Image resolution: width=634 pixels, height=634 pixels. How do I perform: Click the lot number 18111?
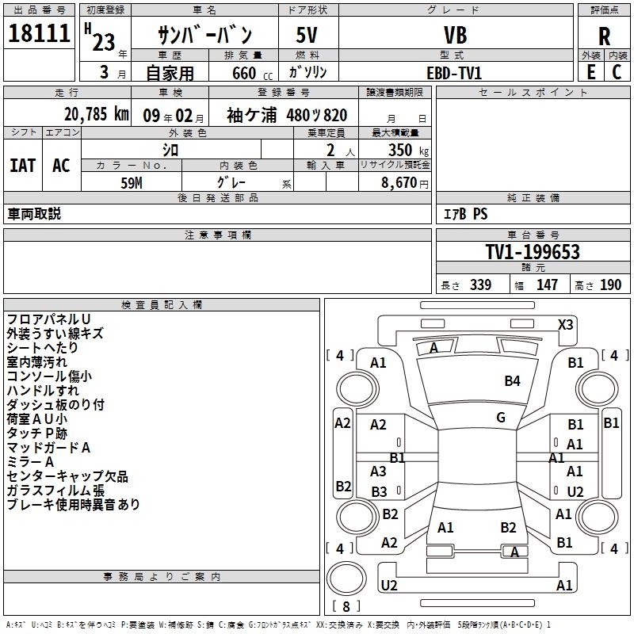(x=39, y=33)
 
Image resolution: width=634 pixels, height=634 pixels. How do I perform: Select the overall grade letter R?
(x=604, y=36)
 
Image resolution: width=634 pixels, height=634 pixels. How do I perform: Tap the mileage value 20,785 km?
(x=97, y=114)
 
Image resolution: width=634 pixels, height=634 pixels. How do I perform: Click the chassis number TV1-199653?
(x=533, y=252)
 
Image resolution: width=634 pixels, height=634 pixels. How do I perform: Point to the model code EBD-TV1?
(x=454, y=73)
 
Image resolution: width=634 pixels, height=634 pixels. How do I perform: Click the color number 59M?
(x=132, y=183)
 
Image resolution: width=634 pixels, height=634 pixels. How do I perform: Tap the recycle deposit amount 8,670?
(x=399, y=183)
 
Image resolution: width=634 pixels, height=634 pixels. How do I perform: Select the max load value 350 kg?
(x=408, y=150)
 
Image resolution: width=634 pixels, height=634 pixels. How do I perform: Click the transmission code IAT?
(x=23, y=166)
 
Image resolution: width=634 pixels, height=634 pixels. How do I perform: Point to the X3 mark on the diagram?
(x=565, y=325)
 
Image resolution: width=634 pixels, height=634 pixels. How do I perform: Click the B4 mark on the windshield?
(x=512, y=381)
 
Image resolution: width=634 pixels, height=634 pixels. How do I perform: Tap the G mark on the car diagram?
(x=501, y=418)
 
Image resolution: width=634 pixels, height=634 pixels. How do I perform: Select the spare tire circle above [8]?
(x=346, y=579)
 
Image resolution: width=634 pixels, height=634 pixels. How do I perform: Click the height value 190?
(x=610, y=285)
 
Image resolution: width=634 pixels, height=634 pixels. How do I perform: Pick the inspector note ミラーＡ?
(x=30, y=462)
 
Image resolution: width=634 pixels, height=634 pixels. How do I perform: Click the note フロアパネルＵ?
(x=48, y=319)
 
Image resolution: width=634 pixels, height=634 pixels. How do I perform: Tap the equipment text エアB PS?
(x=465, y=214)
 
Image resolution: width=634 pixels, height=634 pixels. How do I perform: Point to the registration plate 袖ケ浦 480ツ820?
(x=287, y=115)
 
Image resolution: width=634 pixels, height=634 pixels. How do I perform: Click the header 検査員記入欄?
(x=162, y=305)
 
